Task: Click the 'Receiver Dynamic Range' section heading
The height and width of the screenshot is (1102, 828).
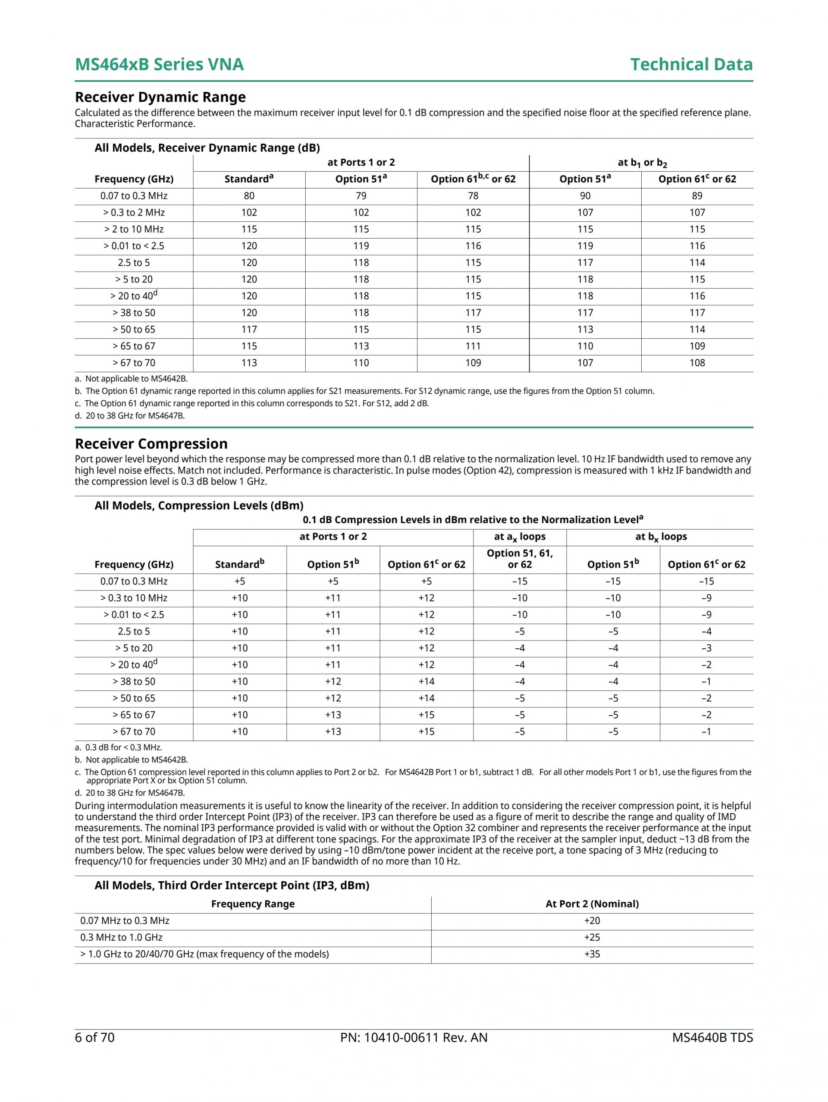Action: point(160,97)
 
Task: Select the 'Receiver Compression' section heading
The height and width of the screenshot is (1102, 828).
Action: point(151,444)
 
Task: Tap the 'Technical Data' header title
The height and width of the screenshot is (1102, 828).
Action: point(691,65)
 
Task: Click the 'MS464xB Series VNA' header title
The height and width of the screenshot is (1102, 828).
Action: point(160,65)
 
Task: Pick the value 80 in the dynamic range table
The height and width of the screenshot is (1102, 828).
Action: point(249,196)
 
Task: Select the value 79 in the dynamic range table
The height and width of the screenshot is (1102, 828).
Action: point(361,196)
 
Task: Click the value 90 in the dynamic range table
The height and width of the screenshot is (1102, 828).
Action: point(585,196)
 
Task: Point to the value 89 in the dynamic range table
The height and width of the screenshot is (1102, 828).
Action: point(697,196)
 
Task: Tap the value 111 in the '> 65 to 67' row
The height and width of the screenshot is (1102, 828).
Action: point(473,346)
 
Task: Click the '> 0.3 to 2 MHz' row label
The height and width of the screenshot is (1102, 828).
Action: point(134,213)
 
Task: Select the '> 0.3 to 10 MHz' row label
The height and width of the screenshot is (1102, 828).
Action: point(134,598)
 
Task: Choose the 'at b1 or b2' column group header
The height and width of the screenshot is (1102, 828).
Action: point(642,163)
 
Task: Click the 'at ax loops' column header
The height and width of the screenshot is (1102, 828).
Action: point(520,537)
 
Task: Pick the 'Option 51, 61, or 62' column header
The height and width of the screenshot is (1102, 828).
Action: point(520,559)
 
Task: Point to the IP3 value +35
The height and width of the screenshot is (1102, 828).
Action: point(592,954)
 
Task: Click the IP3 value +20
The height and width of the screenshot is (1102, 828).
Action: point(592,921)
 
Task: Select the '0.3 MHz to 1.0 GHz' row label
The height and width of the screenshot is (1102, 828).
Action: point(122,938)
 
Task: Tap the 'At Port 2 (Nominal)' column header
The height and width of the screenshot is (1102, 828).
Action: point(592,904)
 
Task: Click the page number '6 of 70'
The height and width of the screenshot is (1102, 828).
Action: point(94,1037)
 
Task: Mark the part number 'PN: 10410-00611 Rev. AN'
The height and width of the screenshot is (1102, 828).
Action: point(414,1037)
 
